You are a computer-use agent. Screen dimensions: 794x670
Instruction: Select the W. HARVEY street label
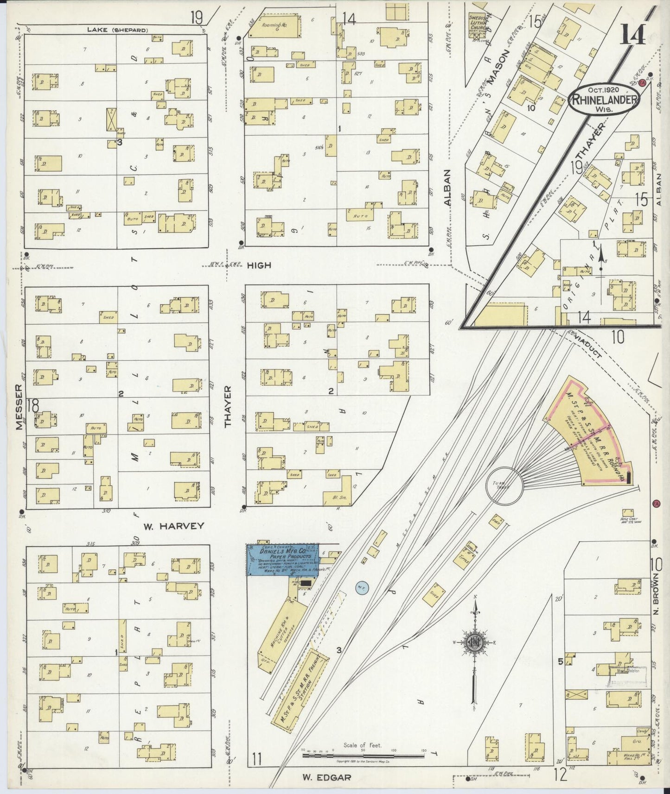pyautogui.click(x=173, y=526)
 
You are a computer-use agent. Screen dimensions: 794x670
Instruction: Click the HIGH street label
pyautogui.click(x=259, y=265)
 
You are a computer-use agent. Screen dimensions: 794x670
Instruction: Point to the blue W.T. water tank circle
pyautogui.click(x=362, y=588)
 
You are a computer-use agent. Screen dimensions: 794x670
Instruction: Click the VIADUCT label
pyautogui.click(x=590, y=346)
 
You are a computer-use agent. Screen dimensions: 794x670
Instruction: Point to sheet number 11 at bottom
pyautogui.click(x=258, y=760)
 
